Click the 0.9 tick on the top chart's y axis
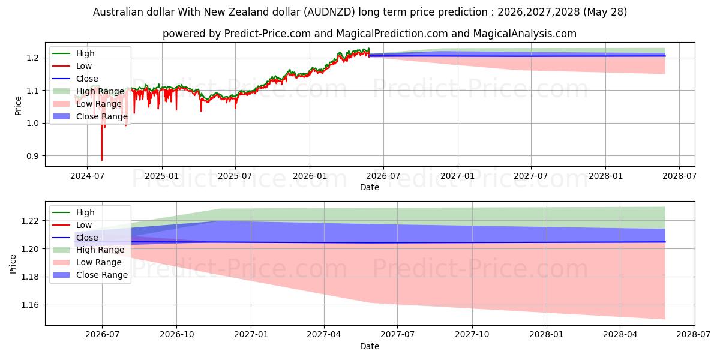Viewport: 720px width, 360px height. pos(32,156)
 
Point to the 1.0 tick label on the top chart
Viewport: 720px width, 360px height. pos(32,124)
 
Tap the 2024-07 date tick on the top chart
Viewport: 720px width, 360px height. pos(87,176)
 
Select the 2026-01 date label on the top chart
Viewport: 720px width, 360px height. pos(310,176)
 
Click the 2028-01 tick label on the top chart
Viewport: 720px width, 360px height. pos(605,176)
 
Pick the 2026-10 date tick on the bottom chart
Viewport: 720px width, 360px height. pos(177,335)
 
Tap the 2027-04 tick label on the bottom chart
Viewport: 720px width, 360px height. pos(324,335)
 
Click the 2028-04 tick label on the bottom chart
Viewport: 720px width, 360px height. pos(620,335)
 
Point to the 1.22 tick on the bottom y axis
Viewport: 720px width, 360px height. pos(30,221)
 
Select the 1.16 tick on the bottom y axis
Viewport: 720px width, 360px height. pos(30,305)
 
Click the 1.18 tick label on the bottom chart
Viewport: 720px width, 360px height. pos(30,277)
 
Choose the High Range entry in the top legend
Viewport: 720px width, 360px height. pos(88,91)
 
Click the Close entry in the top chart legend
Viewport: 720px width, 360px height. pos(75,79)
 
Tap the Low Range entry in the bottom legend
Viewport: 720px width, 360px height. pos(87,263)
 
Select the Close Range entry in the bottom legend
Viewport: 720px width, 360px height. pos(89,275)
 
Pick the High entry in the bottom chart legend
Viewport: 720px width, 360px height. pos(73,212)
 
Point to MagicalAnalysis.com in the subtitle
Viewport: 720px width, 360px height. pos(525,34)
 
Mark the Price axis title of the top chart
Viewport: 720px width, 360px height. pos(19,106)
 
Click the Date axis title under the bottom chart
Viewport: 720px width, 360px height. pos(370,346)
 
